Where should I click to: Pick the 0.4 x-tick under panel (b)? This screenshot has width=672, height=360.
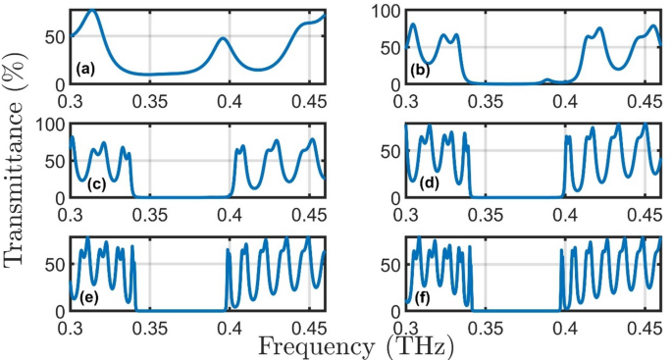tap(565, 100)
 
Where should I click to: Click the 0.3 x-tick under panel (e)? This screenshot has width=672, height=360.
tap(71, 326)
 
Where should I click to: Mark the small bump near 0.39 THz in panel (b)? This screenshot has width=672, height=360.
tap(547, 79)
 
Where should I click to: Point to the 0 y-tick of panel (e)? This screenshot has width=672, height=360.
tap(59, 311)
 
